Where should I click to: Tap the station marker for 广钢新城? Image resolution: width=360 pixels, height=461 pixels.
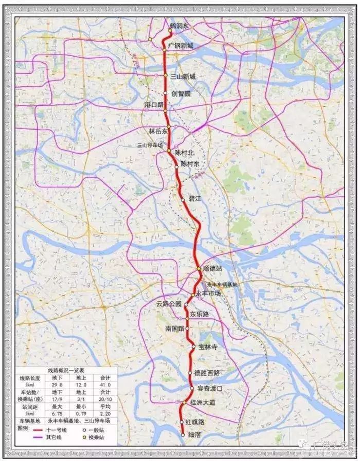click(x=165, y=50)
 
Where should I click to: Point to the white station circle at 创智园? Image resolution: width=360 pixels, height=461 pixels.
click(x=166, y=93)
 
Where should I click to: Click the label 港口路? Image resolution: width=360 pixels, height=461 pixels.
click(x=154, y=104)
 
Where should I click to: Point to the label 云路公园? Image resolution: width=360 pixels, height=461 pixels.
click(x=169, y=304)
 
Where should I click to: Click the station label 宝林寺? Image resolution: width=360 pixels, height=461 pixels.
click(x=208, y=347)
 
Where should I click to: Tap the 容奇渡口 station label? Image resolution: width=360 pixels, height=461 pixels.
click(x=210, y=388)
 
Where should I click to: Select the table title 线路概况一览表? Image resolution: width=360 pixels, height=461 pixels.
click(x=66, y=370)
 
